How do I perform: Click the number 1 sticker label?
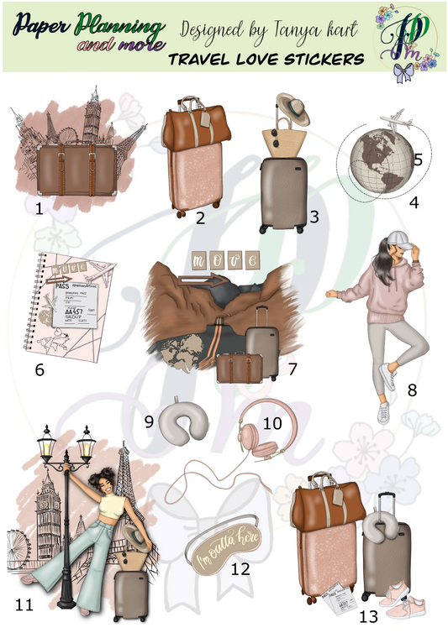[39, 207]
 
